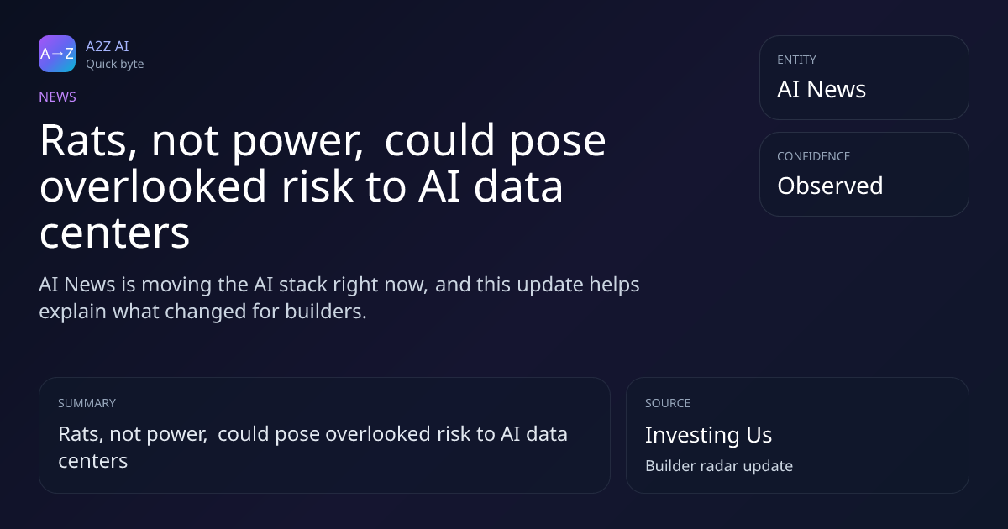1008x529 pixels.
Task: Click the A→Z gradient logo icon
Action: pyautogui.click(x=57, y=54)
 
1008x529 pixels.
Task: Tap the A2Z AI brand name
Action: pyautogui.click(x=108, y=46)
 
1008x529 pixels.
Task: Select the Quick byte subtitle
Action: pyautogui.click(x=115, y=65)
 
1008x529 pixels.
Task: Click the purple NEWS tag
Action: pyautogui.click(x=58, y=97)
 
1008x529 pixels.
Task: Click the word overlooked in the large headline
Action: pyautogui.click(x=153, y=186)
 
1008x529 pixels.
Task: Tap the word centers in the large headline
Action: pyautogui.click(x=115, y=233)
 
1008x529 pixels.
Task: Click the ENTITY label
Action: pyautogui.click(x=796, y=60)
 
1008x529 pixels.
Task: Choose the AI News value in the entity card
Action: pyautogui.click(x=822, y=89)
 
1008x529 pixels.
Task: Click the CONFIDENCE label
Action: pyautogui.click(x=814, y=156)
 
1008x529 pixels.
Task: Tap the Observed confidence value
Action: pyautogui.click(x=830, y=186)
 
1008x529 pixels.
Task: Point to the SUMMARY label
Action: pyautogui.click(x=87, y=403)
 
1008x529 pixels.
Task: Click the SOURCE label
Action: pyautogui.click(x=668, y=403)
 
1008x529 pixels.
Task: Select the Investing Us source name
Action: pyautogui.click(x=709, y=435)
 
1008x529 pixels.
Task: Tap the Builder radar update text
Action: pyautogui.click(x=719, y=465)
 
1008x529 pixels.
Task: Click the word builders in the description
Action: pyautogui.click(x=326, y=312)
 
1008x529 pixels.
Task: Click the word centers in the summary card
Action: pyautogui.click(x=93, y=461)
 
